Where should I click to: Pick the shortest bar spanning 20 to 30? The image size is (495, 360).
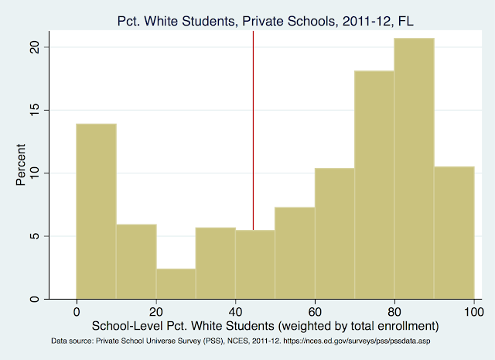[176, 283]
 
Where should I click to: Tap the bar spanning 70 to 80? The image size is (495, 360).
[374, 185]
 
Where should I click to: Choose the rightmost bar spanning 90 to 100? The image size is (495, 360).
[454, 233]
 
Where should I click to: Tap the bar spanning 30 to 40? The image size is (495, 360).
[215, 263]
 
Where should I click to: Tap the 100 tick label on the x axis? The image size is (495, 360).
[473, 310]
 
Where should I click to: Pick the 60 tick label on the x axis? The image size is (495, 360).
[315, 310]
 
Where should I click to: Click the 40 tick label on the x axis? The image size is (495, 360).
[235, 310]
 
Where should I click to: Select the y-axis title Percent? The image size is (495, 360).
[22, 164]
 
